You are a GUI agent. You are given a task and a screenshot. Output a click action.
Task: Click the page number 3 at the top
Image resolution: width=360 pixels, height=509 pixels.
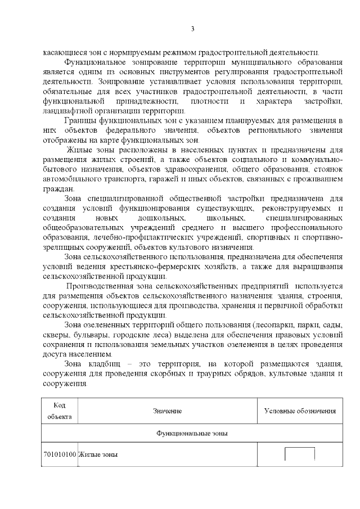192,29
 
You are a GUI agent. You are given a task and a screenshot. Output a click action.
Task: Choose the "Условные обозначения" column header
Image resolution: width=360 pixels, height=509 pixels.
300,411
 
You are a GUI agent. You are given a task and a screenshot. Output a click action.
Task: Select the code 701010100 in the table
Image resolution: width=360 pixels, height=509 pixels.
59,454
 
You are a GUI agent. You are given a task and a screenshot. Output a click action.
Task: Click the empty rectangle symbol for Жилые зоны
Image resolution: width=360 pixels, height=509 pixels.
300,454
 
